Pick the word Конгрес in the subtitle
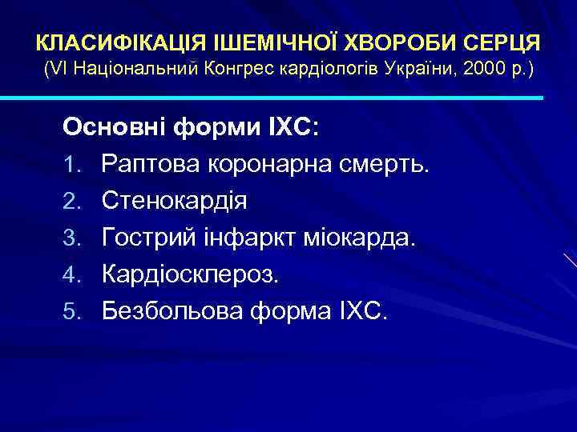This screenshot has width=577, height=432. (241, 70)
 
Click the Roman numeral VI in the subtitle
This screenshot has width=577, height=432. (57, 70)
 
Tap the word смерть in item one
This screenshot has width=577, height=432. (389, 164)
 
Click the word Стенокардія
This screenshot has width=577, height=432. (174, 201)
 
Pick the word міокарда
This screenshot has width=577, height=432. (368, 238)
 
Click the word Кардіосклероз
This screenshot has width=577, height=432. (192, 274)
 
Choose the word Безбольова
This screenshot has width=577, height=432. (172, 311)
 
